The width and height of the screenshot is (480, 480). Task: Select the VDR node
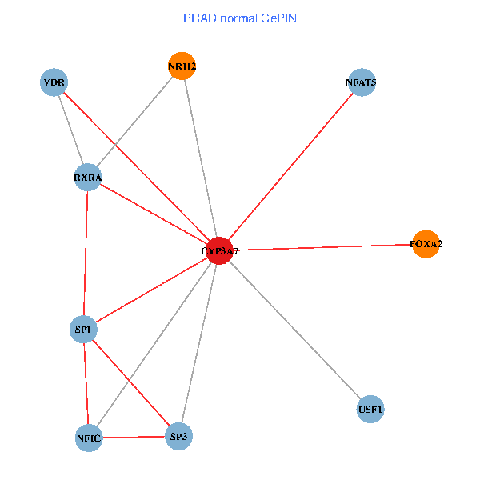(54, 82)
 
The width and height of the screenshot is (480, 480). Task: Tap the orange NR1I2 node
(182, 66)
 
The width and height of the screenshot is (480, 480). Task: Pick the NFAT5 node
(362, 82)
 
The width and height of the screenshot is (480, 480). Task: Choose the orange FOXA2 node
(426, 244)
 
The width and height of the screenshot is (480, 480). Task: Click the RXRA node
(87, 177)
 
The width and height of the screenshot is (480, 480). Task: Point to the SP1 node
(83, 329)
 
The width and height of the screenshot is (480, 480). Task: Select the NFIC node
(89, 438)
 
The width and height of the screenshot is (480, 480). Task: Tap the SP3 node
(179, 436)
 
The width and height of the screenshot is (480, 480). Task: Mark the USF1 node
(370, 410)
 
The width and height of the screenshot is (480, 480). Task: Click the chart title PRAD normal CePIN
(240, 18)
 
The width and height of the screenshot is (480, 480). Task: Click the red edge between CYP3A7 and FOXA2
(322, 247)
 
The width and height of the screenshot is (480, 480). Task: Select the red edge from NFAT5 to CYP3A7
(290, 166)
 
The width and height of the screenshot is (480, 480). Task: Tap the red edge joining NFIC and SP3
(134, 437)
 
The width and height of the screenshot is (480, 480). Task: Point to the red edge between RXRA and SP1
(86, 253)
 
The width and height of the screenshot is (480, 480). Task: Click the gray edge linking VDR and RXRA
(70, 130)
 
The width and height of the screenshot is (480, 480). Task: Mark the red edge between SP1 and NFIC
(86, 383)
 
